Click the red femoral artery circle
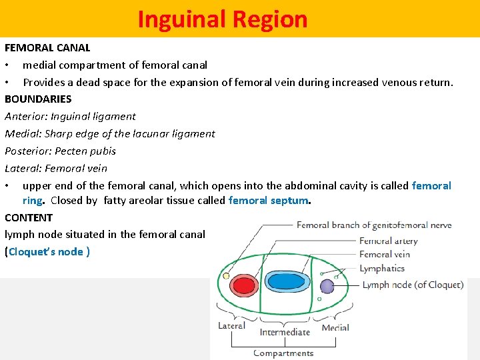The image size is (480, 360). pos(245,285)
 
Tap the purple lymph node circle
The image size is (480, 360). pos(327,286)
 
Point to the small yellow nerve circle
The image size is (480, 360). pos(227,275)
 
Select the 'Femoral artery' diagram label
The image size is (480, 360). pos(388,241)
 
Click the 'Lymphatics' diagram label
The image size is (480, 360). pos(382,269)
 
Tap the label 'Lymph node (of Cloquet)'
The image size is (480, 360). pos(412,285)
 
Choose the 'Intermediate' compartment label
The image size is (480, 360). pos(285,331)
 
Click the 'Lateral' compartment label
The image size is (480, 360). pos(231,325)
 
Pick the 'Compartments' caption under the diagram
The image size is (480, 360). pos(283,353)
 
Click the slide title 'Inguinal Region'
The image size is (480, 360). pos(223,19)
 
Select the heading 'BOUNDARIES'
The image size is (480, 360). pos(38,99)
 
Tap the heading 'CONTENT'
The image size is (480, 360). pos(29,217)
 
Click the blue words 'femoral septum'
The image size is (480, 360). pos(269,200)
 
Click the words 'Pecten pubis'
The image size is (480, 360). pos(85,151)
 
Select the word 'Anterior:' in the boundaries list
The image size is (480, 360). pos(26,116)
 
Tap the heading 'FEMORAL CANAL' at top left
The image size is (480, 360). pos(47,47)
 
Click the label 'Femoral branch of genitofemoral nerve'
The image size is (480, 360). pos(374,225)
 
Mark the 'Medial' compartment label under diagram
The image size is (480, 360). pos(335,327)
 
